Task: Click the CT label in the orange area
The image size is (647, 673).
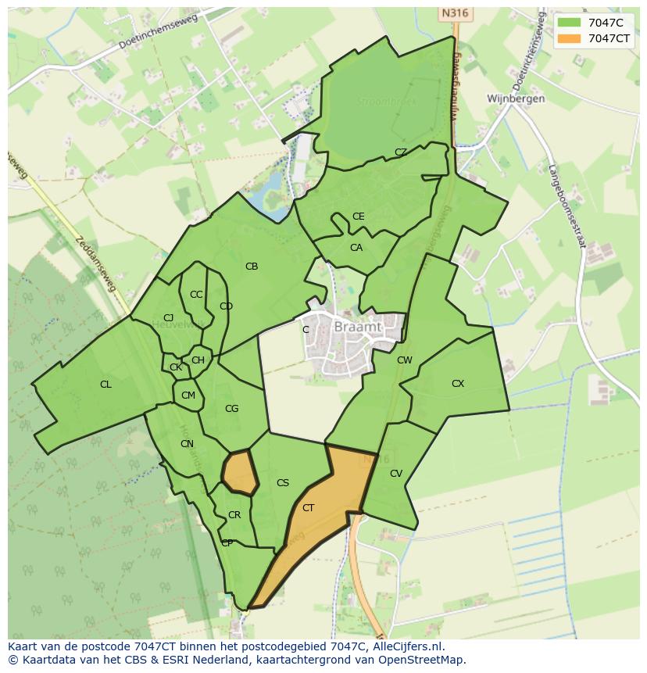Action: [x=308, y=508]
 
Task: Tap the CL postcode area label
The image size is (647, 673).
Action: [x=105, y=385]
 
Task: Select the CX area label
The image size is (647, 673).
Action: [x=458, y=384]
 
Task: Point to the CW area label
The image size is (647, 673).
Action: [x=404, y=360]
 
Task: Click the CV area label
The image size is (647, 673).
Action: [x=396, y=474]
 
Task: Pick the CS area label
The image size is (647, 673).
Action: [x=283, y=483]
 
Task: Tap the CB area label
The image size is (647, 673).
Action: [x=252, y=267]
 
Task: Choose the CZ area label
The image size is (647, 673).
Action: [x=401, y=152]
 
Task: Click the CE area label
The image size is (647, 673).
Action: [x=358, y=217]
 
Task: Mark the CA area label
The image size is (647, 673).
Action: [x=356, y=248]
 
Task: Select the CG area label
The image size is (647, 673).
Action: [x=231, y=409]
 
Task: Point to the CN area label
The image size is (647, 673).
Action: [x=187, y=444]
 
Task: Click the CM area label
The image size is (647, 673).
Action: [x=188, y=396]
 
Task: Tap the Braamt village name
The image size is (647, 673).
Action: [x=357, y=328]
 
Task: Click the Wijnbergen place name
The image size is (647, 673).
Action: [x=516, y=99]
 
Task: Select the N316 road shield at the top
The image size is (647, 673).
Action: [x=453, y=13]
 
